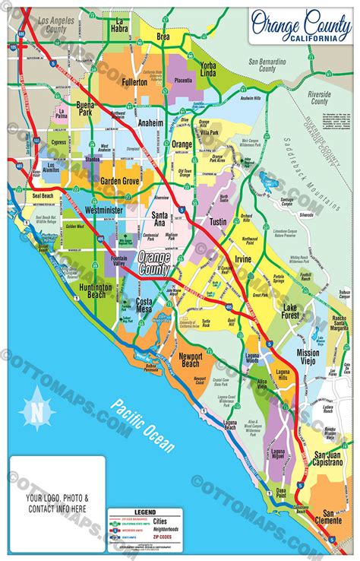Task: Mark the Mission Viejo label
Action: [x=308, y=357]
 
